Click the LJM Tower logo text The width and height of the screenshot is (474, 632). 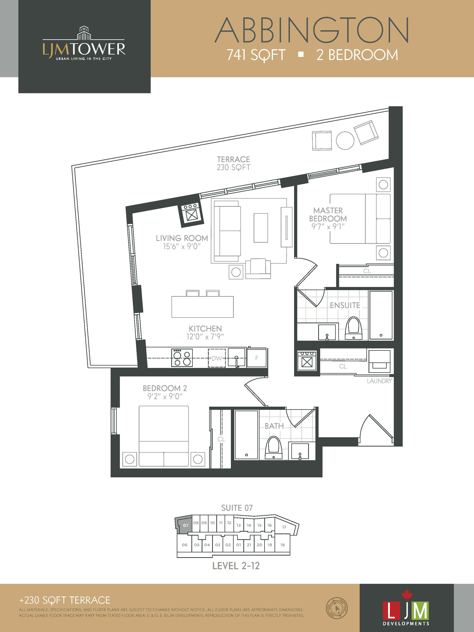[x=84, y=49]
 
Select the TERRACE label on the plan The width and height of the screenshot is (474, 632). [x=233, y=159]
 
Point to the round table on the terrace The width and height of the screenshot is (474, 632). [x=345, y=140]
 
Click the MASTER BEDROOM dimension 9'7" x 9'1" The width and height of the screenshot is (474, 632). [x=328, y=227]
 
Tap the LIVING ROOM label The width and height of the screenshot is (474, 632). [x=182, y=238]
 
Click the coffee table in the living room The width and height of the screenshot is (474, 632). [x=261, y=228]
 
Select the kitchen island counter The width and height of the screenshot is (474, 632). [x=203, y=307]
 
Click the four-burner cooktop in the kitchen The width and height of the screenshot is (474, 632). [x=182, y=358]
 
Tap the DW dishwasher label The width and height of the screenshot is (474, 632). [x=217, y=358]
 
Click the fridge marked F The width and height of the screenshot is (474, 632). [x=257, y=357]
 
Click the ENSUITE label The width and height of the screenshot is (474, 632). [x=345, y=305]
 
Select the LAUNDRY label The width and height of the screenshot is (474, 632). [x=379, y=381]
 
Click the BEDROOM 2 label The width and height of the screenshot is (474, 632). [x=165, y=388]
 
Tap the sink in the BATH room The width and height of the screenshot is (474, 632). [x=299, y=451]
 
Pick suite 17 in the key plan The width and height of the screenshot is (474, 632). [x=284, y=527]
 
